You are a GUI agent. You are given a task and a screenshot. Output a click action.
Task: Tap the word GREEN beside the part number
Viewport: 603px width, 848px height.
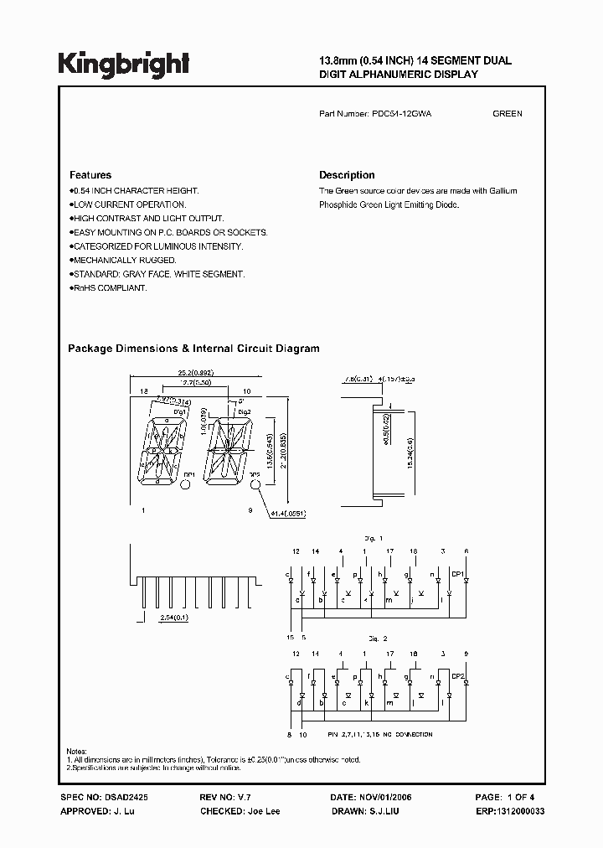pyautogui.click(x=508, y=113)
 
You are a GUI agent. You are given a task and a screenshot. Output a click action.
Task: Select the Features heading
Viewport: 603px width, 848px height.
pyautogui.click(x=90, y=175)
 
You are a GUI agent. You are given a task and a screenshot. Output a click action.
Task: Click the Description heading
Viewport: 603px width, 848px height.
pyautogui.click(x=347, y=175)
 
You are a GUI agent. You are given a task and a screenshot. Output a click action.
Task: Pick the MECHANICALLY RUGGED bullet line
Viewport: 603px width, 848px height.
pyautogui.click(x=124, y=261)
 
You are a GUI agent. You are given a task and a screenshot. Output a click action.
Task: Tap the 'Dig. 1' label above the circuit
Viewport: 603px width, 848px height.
pyautogui.click(x=374, y=537)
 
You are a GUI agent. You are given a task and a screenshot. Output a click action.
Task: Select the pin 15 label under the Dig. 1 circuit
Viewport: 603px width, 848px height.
pyautogui.click(x=291, y=637)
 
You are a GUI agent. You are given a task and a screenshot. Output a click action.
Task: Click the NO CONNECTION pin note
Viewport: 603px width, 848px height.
pyautogui.click(x=389, y=734)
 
